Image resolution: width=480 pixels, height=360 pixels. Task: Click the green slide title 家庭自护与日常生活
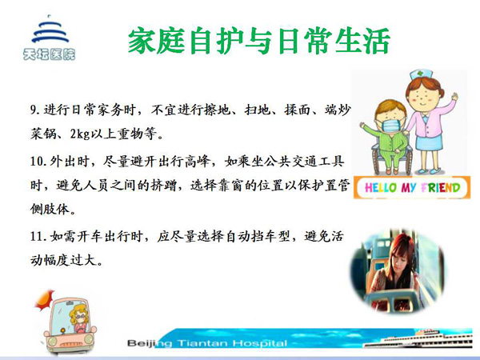(259, 41)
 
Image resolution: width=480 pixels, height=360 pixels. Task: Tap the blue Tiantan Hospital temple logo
(50, 30)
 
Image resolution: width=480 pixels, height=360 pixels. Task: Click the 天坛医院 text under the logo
(49, 54)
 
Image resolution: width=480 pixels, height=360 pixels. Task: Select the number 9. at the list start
(34, 110)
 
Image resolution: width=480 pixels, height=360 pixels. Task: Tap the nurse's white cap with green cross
(422, 75)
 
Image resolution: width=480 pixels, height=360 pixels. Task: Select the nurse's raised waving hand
(454, 97)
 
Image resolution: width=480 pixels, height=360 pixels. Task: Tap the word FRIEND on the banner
(441, 187)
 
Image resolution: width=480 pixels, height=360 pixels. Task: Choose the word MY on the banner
(409, 188)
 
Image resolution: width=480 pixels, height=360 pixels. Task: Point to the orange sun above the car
(45, 299)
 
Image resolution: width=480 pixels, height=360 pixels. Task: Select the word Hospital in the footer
(260, 343)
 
